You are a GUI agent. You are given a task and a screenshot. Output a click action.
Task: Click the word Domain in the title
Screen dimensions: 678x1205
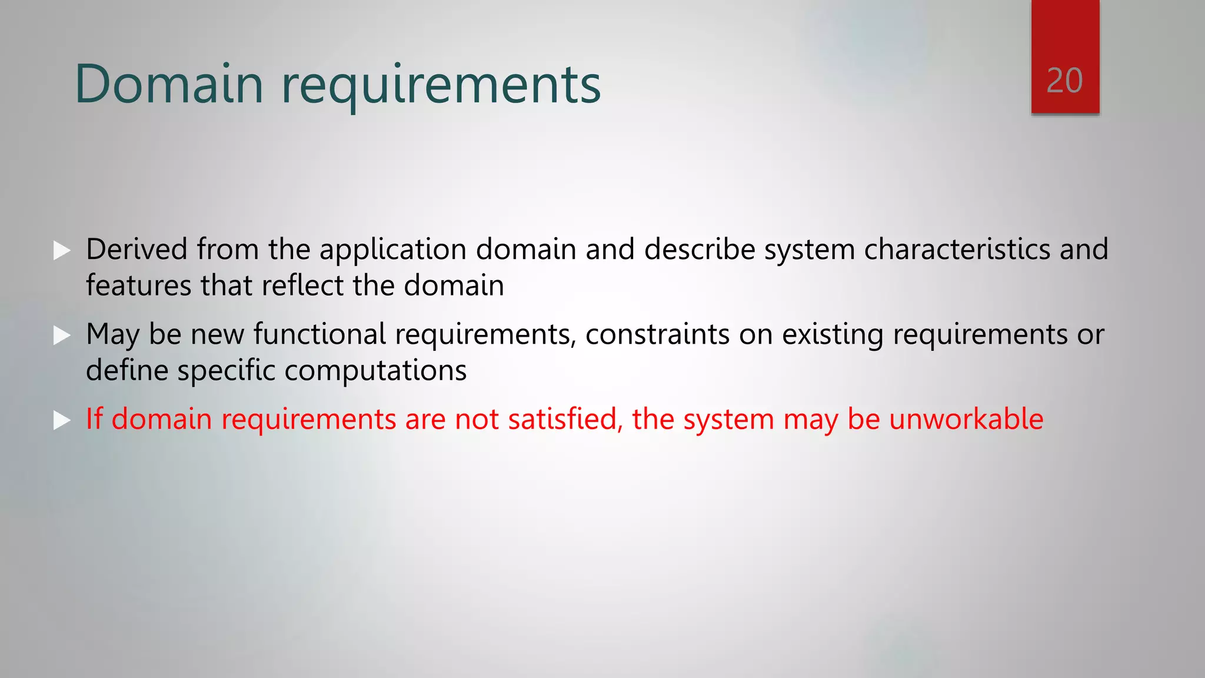point(169,84)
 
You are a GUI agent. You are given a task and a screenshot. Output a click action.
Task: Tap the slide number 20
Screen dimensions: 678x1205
point(1064,81)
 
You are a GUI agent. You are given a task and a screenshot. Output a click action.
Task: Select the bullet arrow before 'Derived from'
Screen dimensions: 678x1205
point(61,250)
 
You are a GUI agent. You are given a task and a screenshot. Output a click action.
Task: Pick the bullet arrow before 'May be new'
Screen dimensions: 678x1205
point(61,335)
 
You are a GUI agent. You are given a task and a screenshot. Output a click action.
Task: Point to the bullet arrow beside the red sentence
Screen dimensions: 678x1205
point(61,420)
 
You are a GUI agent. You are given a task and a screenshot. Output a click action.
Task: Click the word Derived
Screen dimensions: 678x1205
point(137,249)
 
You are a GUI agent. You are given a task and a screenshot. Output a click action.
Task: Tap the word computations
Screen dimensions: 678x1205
point(375,371)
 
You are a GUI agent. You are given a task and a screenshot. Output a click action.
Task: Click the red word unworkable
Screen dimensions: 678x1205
point(966,419)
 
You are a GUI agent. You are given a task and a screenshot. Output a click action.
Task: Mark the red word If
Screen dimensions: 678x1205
point(94,419)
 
